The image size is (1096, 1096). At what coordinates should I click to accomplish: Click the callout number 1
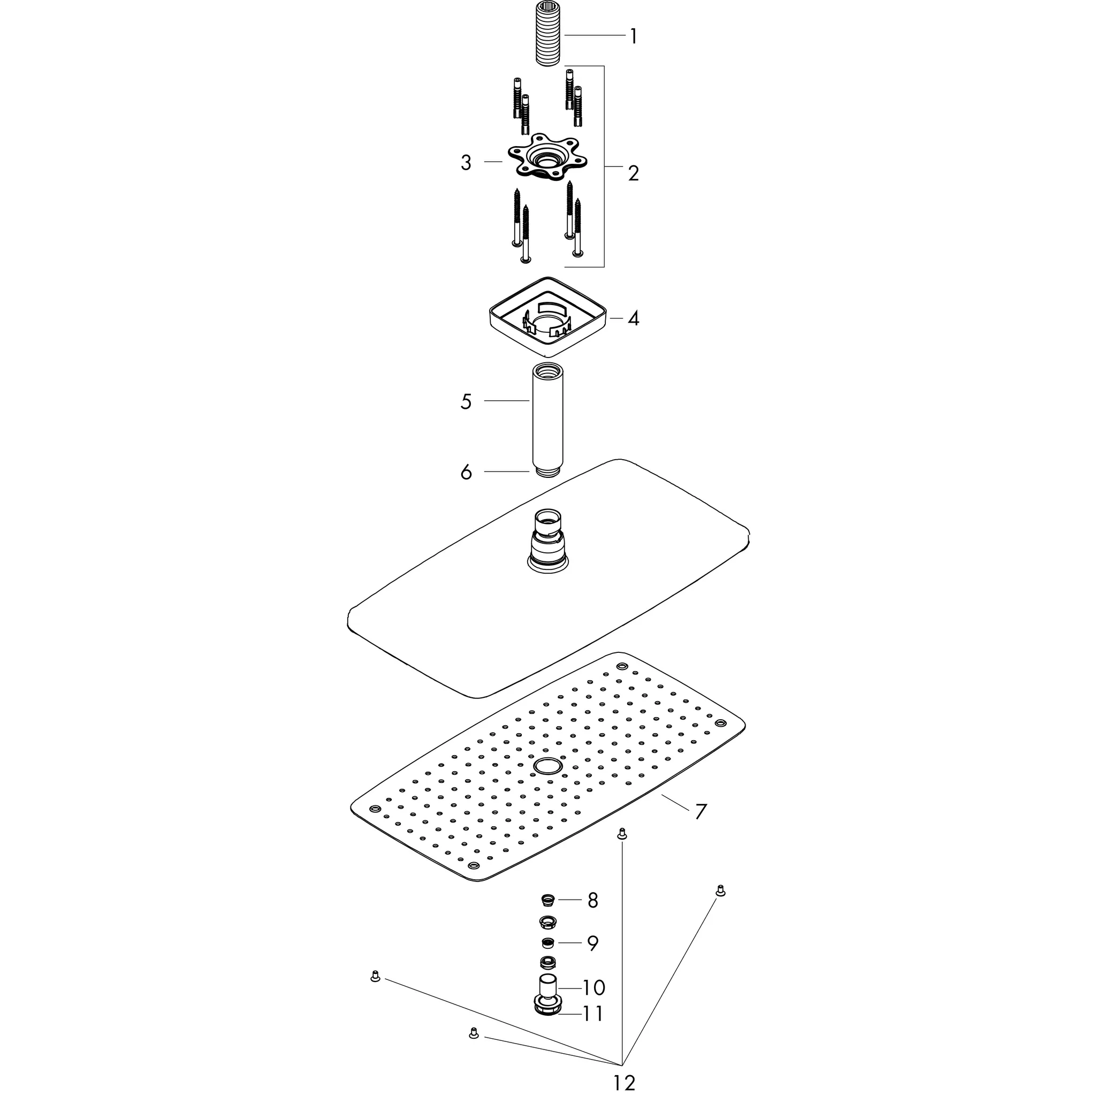[633, 37]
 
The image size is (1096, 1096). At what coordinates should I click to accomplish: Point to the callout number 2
[634, 173]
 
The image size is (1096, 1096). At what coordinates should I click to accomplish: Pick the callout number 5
[466, 402]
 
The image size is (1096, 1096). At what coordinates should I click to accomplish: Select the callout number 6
[466, 472]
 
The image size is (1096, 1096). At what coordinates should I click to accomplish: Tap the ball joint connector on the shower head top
[548, 538]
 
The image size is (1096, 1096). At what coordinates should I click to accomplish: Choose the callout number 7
[701, 811]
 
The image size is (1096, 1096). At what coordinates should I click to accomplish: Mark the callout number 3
[466, 163]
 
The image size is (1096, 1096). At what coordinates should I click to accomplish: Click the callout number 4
[634, 318]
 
